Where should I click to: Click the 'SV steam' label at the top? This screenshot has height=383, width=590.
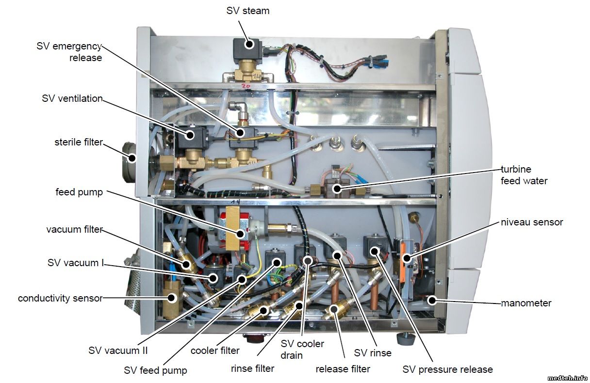click(x=247, y=10)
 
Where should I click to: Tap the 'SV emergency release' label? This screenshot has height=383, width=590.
click(x=69, y=52)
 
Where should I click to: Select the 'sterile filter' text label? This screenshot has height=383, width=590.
click(x=79, y=142)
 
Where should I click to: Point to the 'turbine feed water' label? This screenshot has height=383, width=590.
click(x=524, y=175)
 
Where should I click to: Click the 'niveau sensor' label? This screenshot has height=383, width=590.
click(x=532, y=222)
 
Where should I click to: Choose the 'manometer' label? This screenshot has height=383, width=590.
click(x=526, y=303)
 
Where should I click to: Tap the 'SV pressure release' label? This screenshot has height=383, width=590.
click(x=447, y=369)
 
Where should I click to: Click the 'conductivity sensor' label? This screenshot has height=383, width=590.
click(x=60, y=298)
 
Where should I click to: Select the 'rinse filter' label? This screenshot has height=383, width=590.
click(x=252, y=368)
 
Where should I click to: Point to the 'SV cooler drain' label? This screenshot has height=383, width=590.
click(x=302, y=349)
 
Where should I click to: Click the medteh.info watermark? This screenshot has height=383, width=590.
click(x=567, y=378)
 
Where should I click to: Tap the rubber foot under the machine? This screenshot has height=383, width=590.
click(x=405, y=337)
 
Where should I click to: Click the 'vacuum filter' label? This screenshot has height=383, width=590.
click(x=75, y=229)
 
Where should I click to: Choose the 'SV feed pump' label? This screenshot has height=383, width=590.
click(x=155, y=370)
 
